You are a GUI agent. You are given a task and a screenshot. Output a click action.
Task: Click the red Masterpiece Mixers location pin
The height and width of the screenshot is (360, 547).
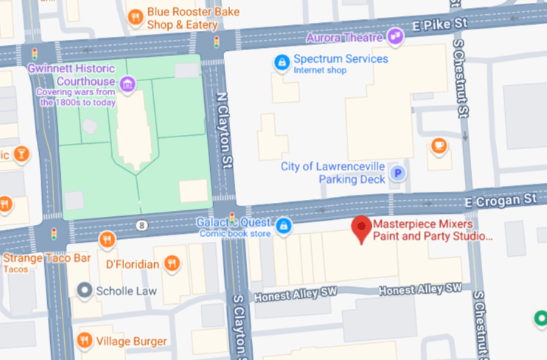point(360,229)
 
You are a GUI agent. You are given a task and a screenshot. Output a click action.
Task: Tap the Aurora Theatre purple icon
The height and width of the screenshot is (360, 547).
point(396,35)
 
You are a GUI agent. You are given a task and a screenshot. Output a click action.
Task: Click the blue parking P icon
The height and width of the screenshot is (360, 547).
point(398,173)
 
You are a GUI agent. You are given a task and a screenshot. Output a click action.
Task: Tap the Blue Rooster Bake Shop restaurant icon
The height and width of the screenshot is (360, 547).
point(135,16)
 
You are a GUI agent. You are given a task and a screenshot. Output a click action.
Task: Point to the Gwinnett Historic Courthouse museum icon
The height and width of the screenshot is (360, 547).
point(128,83)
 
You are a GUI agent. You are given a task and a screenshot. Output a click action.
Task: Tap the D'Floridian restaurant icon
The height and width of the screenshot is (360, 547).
point(172,263)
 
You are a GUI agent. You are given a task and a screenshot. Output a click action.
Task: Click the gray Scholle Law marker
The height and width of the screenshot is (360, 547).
point(86,291)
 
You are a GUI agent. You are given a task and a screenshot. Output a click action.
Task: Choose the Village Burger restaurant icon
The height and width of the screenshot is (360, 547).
point(85,341)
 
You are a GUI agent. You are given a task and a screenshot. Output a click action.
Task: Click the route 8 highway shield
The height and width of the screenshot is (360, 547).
point(140,224)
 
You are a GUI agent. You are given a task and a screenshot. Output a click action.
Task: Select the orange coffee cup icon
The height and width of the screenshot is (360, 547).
point(439,145)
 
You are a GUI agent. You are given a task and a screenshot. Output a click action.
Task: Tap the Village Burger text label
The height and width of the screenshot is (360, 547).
point(135,341)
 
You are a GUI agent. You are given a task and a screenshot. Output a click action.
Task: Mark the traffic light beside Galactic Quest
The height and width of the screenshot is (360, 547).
point(231,218)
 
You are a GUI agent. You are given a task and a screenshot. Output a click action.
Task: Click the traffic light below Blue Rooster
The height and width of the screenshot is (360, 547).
point(217,42)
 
